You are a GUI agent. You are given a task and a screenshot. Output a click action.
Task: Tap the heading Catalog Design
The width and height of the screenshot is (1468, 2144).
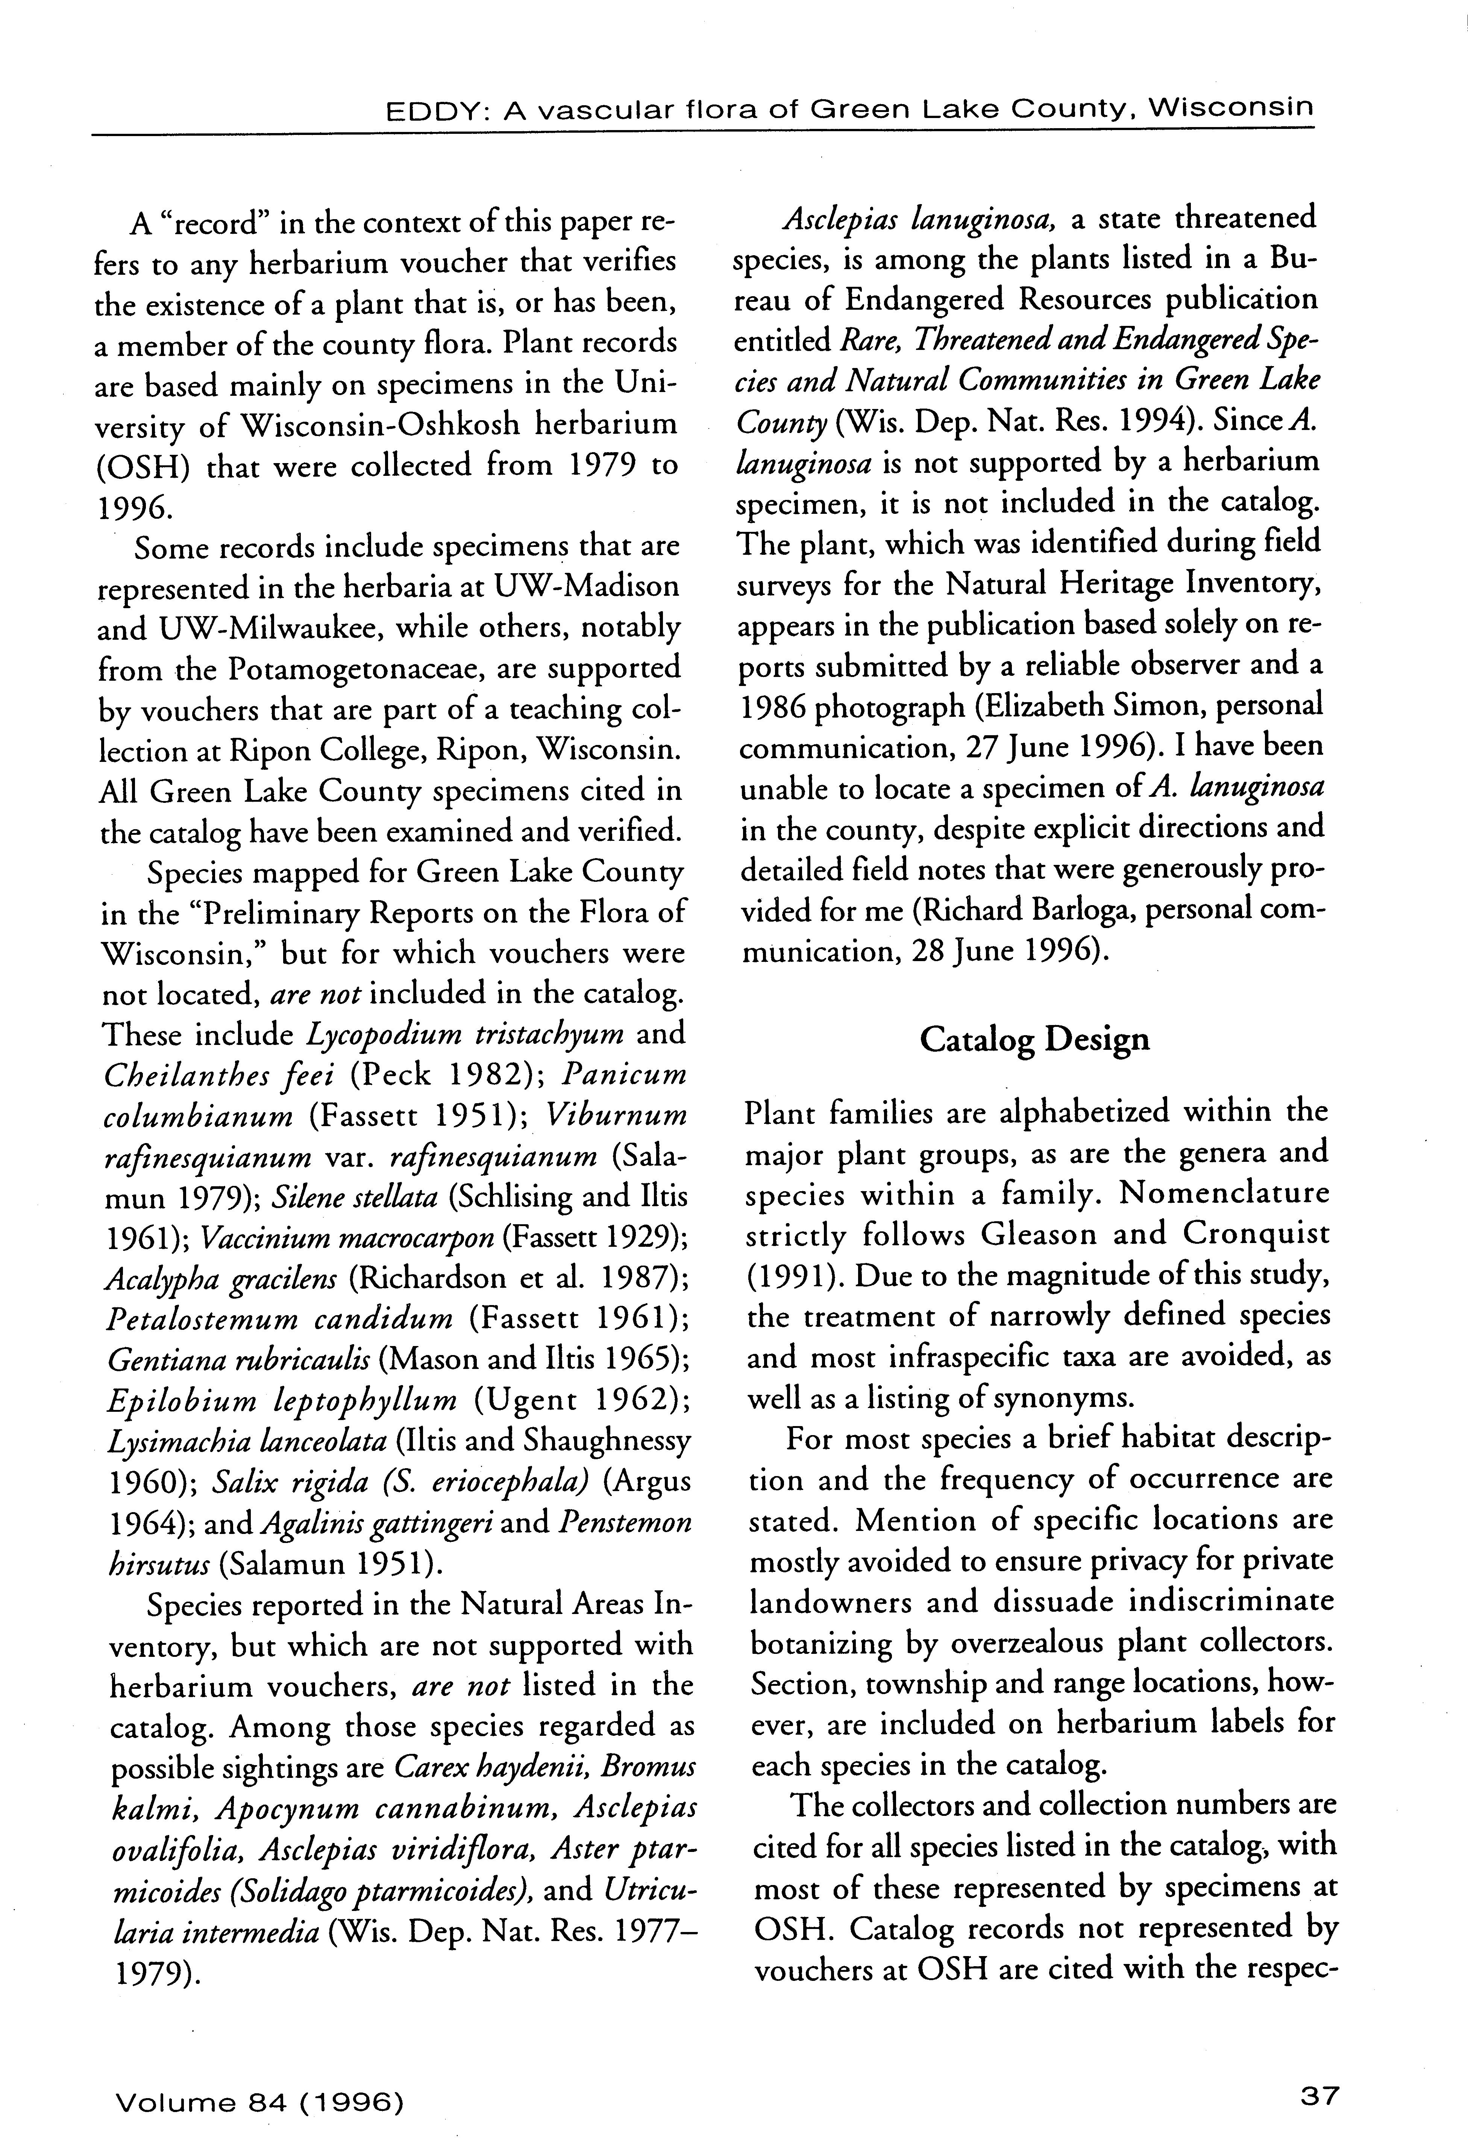click(x=1034, y=1040)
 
